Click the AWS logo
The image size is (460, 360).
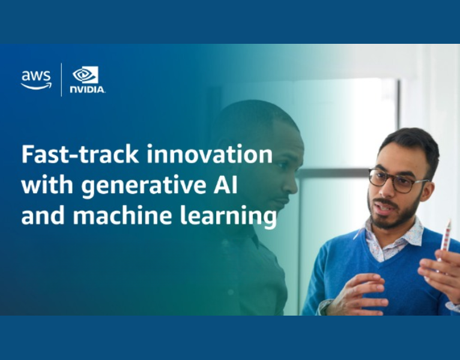coord(36,80)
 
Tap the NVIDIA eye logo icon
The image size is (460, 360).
coord(85,75)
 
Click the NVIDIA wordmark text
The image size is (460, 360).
coord(88,89)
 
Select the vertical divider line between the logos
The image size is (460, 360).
coord(61,79)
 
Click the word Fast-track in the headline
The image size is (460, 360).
coord(80,154)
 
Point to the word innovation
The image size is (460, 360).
coord(210,154)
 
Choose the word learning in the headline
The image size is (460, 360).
coord(228,217)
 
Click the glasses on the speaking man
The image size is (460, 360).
coord(396,180)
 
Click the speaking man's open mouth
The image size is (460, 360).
coord(383,208)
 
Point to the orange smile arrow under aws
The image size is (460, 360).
coord(36,86)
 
